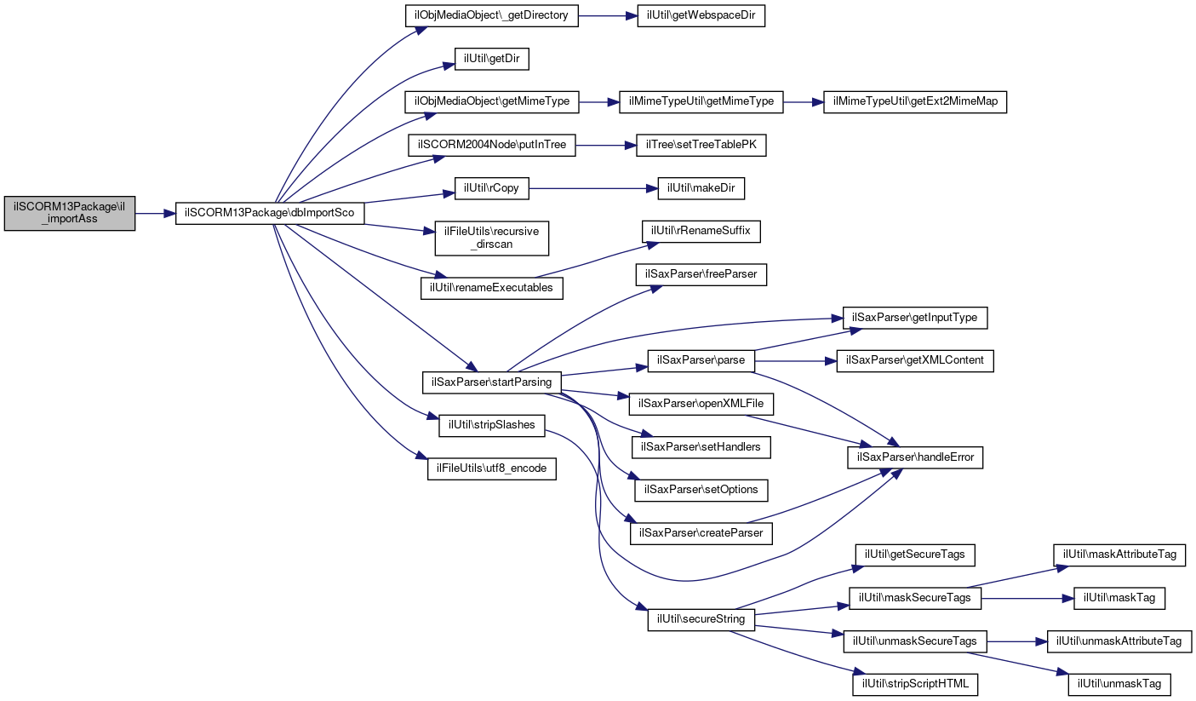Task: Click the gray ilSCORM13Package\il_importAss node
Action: click(x=70, y=214)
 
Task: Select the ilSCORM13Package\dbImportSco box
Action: click(x=270, y=214)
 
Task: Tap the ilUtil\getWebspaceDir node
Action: click(x=701, y=17)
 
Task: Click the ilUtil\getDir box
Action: click(x=492, y=60)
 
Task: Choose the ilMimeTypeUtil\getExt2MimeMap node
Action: click(x=915, y=102)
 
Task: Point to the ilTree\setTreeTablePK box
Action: click(x=701, y=146)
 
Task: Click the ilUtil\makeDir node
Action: click(x=701, y=188)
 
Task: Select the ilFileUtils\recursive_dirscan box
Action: click(x=492, y=238)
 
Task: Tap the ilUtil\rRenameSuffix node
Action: click(x=701, y=232)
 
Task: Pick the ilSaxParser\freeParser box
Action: click(x=701, y=274)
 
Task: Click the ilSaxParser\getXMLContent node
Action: click(x=915, y=360)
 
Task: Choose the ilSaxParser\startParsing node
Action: click(x=492, y=382)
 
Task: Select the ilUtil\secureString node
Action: click(x=701, y=619)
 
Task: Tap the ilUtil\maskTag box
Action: click(x=1119, y=598)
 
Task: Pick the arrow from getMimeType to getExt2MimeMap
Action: click(x=803, y=102)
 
